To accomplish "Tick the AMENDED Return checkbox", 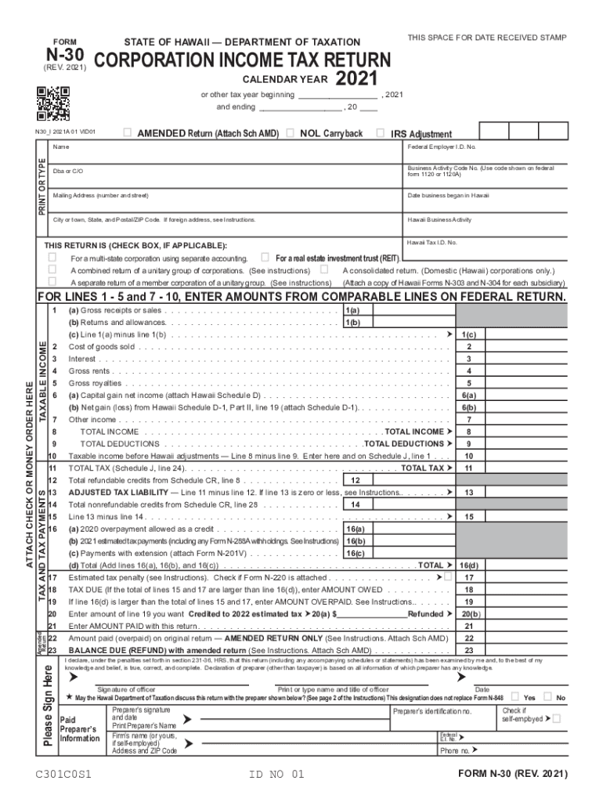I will pos(128,133).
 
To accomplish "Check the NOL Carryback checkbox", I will pos(290,133).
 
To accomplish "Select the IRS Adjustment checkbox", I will pos(381,133).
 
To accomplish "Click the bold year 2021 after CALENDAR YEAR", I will pos(356,79).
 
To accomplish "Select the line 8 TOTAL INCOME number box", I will pos(468,432).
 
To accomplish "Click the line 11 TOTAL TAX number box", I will pos(468,468).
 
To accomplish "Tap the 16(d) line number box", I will pos(468,565).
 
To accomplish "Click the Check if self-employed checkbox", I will pos(556,718).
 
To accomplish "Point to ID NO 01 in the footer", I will pos(276,775).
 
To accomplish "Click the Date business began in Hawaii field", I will pos(486,200).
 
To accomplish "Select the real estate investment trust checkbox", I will pos(265,257).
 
